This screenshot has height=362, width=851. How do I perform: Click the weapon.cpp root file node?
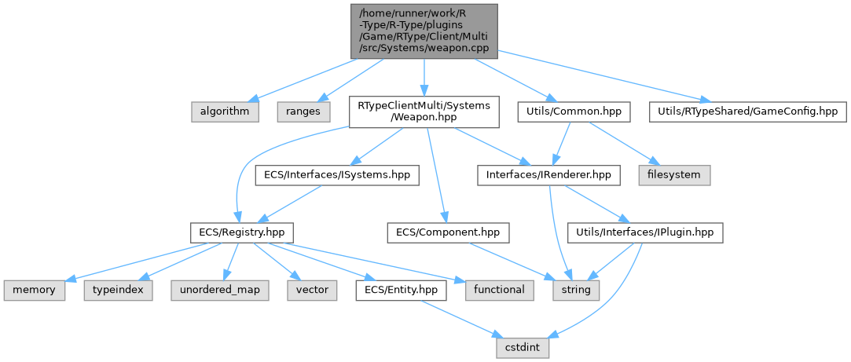click(x=424, y=30)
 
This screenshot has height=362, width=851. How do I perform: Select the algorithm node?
click(x=226, y=112)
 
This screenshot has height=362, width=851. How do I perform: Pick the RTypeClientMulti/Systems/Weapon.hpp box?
click(x=424, y=112)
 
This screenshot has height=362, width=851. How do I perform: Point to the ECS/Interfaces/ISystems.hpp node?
click(x=336, y=175)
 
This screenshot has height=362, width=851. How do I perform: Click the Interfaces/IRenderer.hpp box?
click(x=548, y=175)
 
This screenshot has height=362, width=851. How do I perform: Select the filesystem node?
click(x=675, y=175)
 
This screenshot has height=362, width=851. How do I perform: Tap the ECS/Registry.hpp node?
click(x=241, y=232)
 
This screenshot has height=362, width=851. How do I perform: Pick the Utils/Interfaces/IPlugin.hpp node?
click(x=645, y=232)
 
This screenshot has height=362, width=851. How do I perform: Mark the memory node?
click(x=34, y=290)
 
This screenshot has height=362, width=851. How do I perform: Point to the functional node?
click(x=499, y=290)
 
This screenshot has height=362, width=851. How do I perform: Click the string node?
click(x=578, y=290)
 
